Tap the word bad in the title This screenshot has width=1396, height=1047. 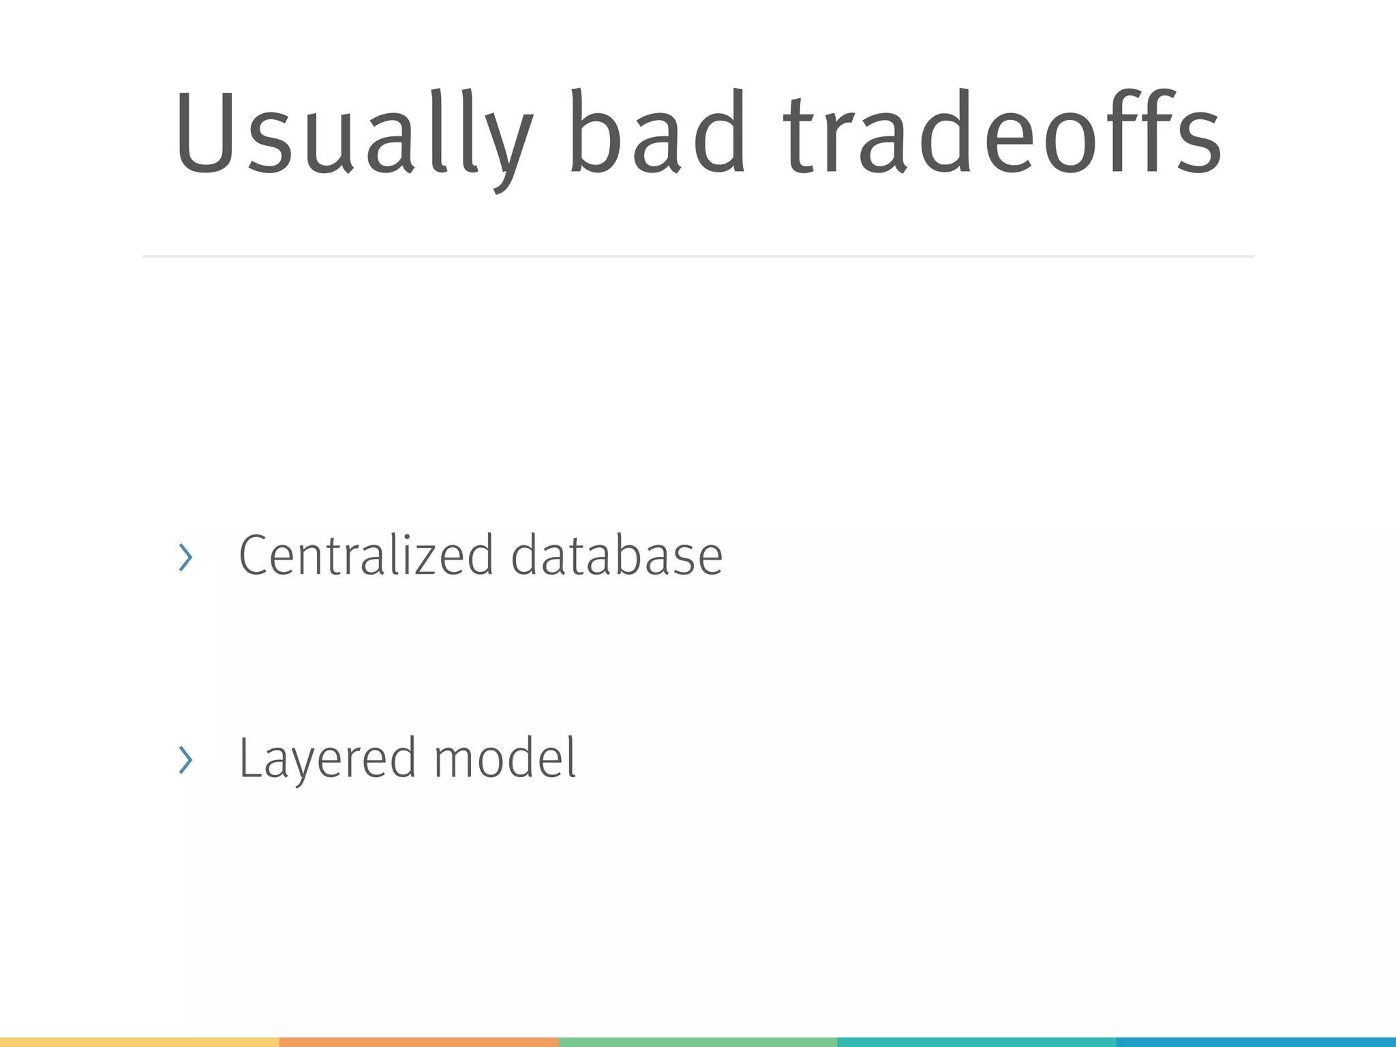click(x=657, y=133)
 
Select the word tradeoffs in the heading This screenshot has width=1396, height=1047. click(x=1002, y=133)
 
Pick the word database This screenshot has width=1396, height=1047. click(x=617, y=556)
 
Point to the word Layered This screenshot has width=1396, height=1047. click(x=327, y=759)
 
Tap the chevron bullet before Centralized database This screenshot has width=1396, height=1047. click(x=185, y=558)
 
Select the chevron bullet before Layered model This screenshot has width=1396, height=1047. click(x=185, y=759)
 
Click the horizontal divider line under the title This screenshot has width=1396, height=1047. click(x=698, y=256)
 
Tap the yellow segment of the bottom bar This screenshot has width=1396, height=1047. click(x=139, y=1042)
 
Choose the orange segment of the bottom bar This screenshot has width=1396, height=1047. click(x=419, y=1042)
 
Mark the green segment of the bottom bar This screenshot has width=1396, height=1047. click(x=697, y=1042)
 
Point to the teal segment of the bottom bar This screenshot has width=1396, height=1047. click(x=976, y=1042)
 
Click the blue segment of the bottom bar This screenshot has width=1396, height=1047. click(x=1256, y=1042)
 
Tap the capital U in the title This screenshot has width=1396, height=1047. click(x=205, y=133)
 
